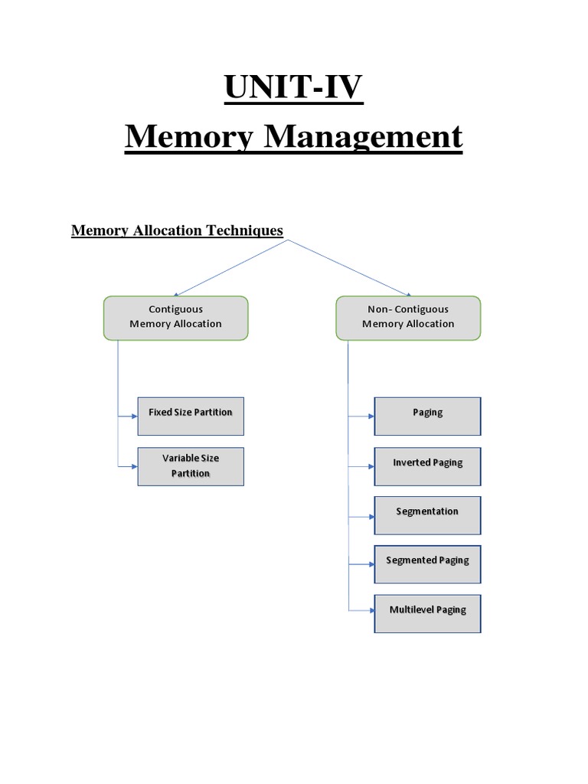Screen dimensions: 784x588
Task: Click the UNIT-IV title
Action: point(293,87)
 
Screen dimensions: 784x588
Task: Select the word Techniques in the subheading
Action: point(247,230)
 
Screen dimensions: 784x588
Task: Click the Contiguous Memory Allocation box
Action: point(176,317)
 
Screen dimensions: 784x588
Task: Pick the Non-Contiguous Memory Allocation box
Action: point(408,317)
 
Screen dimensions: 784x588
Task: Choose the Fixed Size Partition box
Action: point(191,416)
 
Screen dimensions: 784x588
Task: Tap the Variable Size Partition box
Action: point(191,465)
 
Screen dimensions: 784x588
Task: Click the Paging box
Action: point(427,416)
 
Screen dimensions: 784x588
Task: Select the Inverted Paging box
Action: point(427,465)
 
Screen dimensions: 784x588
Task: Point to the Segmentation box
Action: point(427,514)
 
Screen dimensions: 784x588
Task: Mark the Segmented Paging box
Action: point(427,563)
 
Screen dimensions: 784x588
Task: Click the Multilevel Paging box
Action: point(427,612)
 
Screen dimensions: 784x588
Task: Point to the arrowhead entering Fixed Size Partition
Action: point(134,416)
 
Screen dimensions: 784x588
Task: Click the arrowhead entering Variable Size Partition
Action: point(134,466)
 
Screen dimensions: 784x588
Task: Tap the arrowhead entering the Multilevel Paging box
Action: point(371,610)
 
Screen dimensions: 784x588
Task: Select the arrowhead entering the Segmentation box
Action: point(371,517)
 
